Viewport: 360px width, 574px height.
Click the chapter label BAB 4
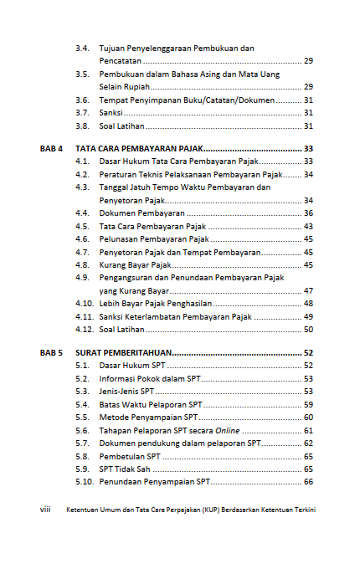(51, 148)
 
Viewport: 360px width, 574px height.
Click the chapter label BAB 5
(51, 354)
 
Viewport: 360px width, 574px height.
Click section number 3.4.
(82, 49)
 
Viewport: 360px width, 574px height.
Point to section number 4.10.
(83, 304)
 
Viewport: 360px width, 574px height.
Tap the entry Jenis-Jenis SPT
(126, 391)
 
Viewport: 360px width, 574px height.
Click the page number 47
(308, 290)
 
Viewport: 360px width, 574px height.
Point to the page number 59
(308, 404)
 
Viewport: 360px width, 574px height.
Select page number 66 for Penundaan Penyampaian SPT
(308, 482)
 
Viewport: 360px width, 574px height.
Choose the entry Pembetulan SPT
(130, 456)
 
